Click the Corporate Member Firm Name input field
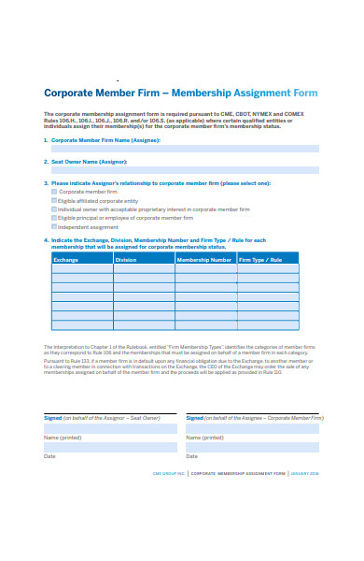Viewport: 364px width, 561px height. [x=185, y=149]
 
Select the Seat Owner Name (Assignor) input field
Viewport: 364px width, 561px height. [x=185, y=170]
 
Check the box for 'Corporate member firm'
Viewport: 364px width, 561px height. [x=54, y=192]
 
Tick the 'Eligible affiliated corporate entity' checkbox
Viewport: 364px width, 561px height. [x=54, y=201]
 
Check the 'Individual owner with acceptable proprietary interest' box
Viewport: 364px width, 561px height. [x=54, y=209]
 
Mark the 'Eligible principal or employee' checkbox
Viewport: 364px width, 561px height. [x=54, y=218]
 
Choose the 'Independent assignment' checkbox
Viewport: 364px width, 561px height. [x=54, y=227]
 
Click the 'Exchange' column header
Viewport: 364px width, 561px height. [x=66, y=259]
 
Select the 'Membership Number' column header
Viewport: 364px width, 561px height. [x=204, y=259]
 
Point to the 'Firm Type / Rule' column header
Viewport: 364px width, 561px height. [x=260, y=259]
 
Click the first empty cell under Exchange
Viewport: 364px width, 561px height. [x=82, y=269]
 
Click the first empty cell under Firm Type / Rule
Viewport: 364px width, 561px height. [x=268, y=269]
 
